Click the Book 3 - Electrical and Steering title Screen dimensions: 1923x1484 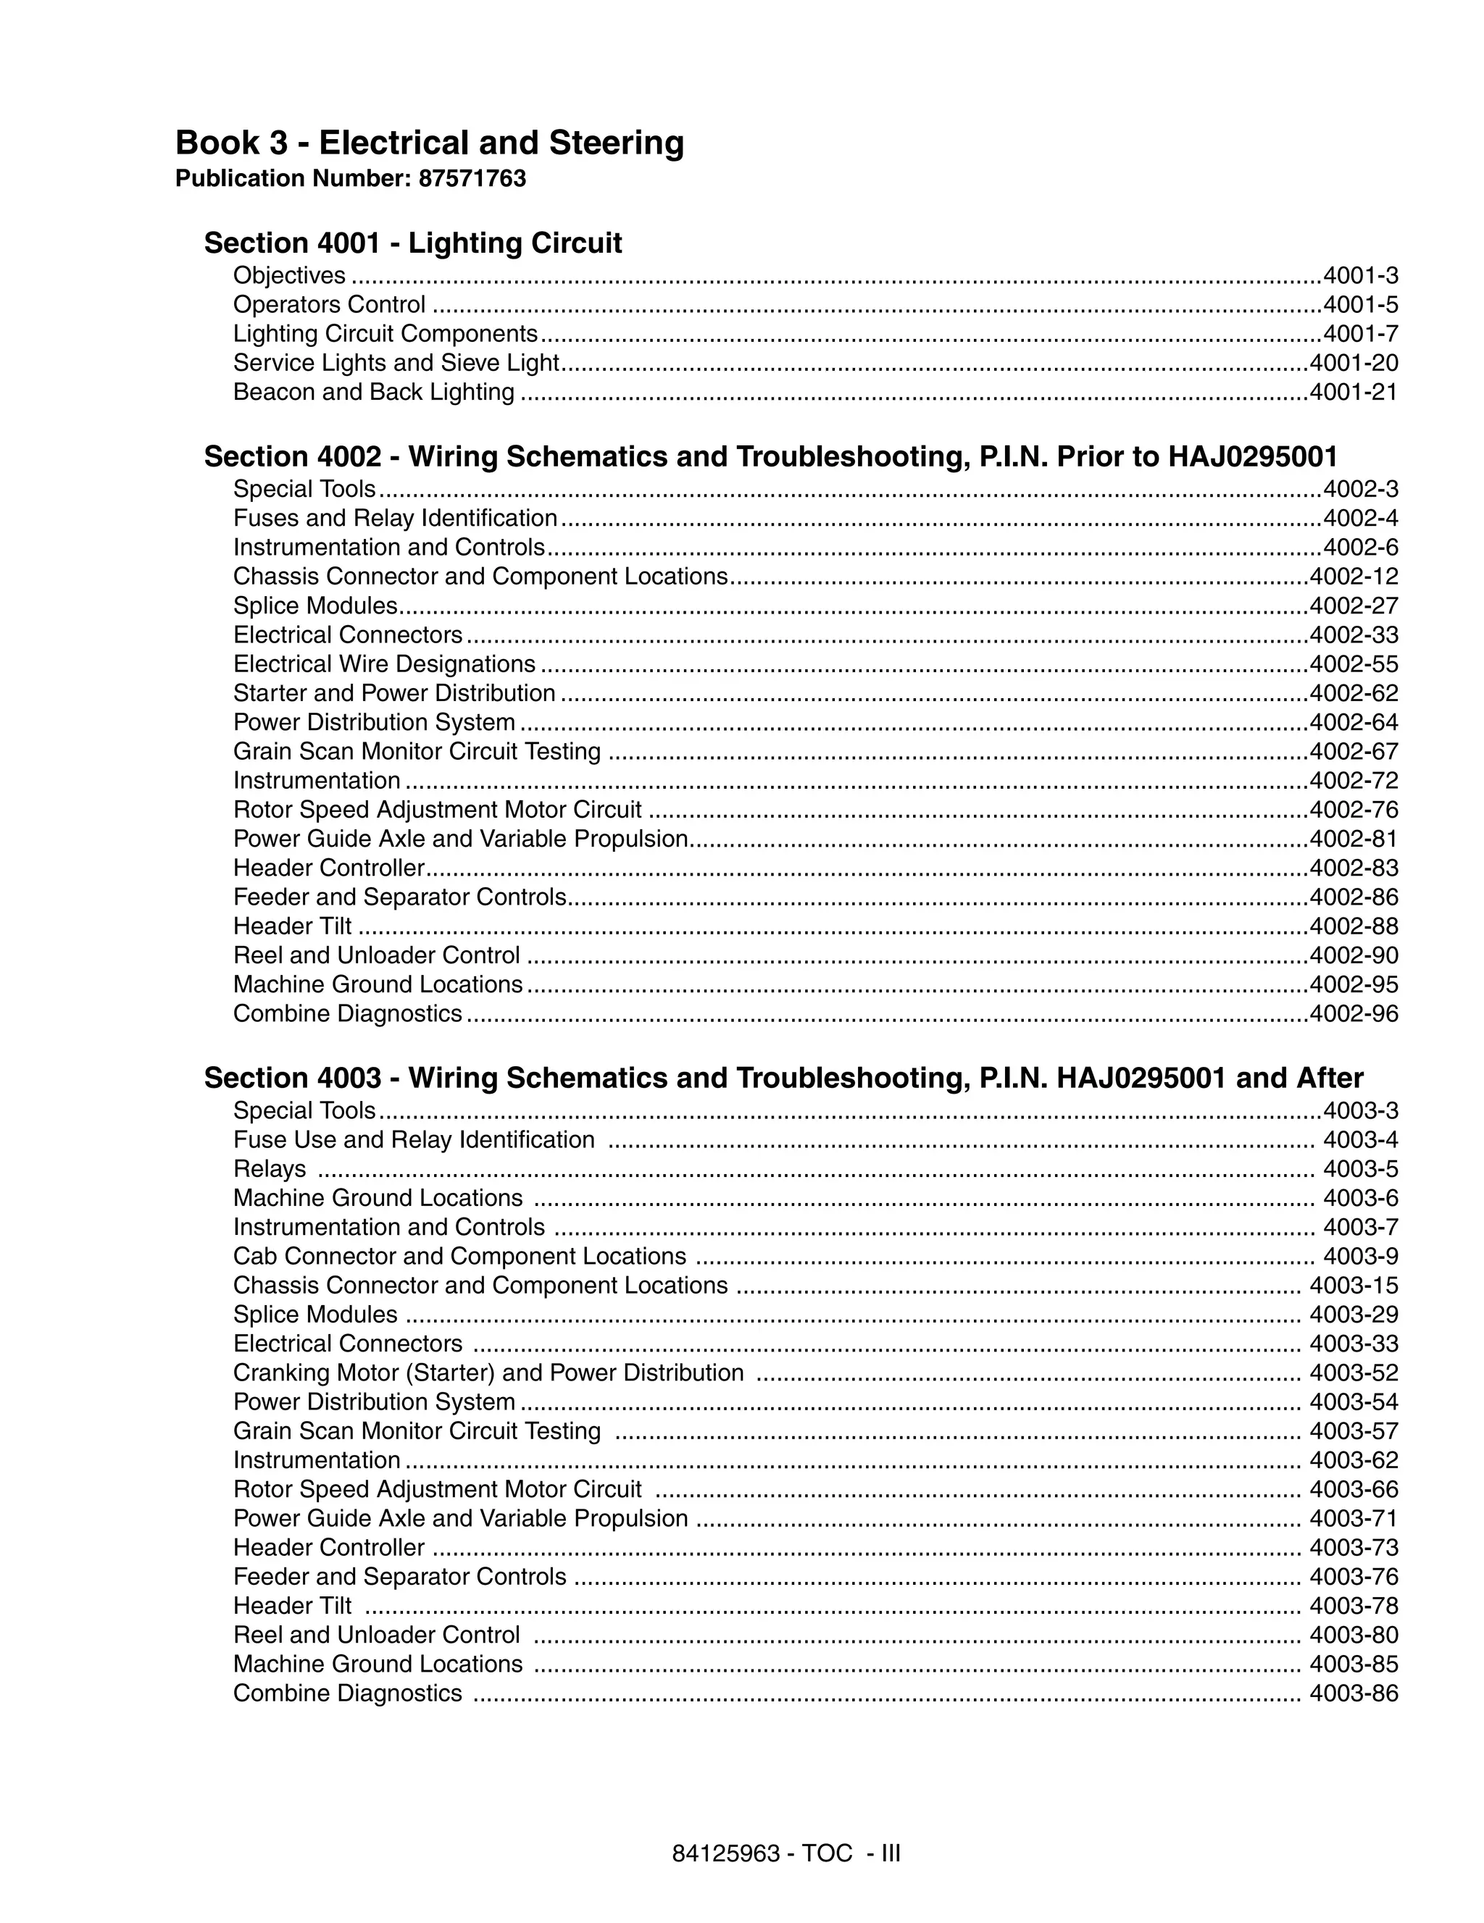click(x=429, y=143)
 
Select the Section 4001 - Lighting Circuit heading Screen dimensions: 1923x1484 click(x=412, y=243)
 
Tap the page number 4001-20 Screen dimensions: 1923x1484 click(x=1353, y=363)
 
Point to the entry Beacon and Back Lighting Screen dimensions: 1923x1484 click(x=373, y=392)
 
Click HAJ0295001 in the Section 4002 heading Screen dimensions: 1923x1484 click(x=1252, y=456)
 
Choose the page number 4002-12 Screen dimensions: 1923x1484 click(x=1353, y=577)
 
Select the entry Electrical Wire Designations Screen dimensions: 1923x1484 click(x=384, y=664)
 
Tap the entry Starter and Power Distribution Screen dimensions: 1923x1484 click(x=393, y=693)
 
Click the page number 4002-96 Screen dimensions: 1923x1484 click(x=1353, y=1013)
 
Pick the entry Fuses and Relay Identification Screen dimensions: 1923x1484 click(x=395, y=518)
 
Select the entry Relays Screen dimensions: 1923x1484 click(x=270, y=1168)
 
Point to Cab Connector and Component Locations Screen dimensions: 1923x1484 click(x=459, y=1256)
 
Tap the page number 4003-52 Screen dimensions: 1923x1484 click(x=1353, y=1373)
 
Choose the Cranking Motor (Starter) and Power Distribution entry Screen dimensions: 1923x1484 click(x=488, y=1373)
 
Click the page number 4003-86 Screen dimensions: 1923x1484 click(x=1353, y=1693)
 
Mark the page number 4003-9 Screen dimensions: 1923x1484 click(x=1360, y=1256)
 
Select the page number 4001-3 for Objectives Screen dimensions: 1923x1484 click(x=1360, y=276)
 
